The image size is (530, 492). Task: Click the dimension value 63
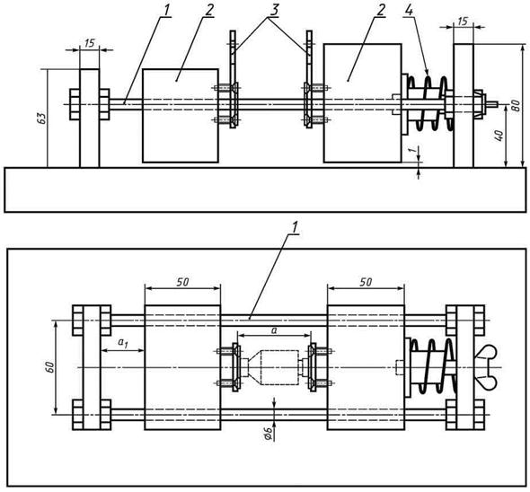41,119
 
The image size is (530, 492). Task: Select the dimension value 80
515,105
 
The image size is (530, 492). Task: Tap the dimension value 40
499,136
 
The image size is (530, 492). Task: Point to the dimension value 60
50,367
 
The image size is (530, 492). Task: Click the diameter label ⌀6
268,433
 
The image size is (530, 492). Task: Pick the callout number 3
274,10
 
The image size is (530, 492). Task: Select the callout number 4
409,11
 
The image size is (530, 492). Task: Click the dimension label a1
123,343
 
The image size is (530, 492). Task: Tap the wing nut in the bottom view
486,367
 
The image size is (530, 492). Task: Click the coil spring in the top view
430,103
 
